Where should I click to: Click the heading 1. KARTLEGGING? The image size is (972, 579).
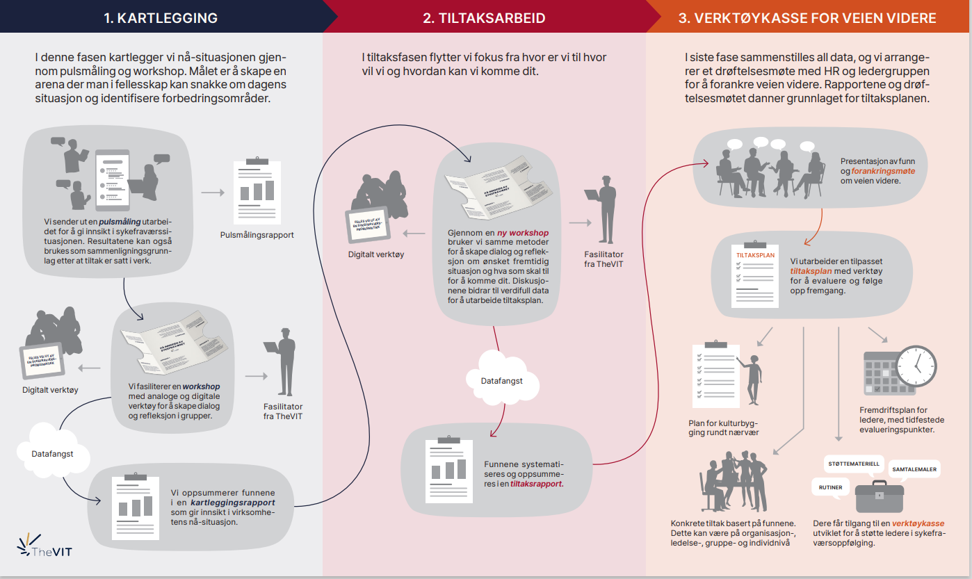[161, 18]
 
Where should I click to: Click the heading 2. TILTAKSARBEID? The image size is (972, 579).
[484, 18]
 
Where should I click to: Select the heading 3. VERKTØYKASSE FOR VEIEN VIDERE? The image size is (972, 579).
[807, 18]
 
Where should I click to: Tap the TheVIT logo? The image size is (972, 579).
[45, 546]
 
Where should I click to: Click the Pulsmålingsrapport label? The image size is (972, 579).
[257, 235]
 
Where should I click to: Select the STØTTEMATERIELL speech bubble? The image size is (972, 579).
[853, 464]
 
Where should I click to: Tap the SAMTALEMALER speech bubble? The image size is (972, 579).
[914, 470]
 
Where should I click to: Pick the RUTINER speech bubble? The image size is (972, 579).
[831, 487]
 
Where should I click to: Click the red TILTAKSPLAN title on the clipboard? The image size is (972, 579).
[754, 255]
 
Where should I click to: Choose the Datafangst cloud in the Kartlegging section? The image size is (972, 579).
[52, 453]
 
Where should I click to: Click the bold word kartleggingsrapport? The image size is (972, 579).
[233, 502]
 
